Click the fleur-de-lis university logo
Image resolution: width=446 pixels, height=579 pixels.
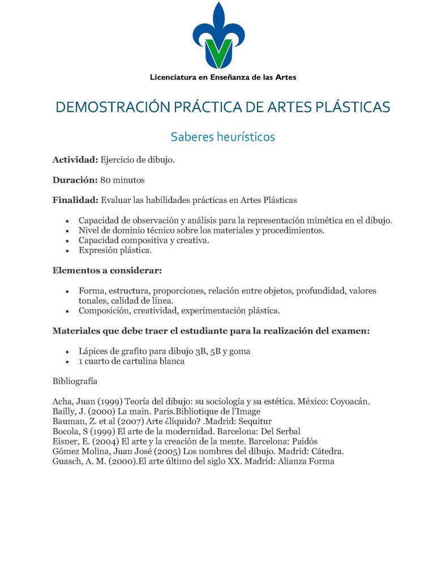click(x=220, y=37)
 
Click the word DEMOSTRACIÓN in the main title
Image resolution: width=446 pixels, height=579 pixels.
click(x=105, y=107)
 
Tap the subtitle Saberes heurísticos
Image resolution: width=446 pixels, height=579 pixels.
click(x=222, y=137)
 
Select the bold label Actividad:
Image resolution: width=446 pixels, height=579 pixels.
click(x=75, y=160)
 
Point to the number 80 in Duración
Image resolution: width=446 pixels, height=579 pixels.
click(x=106, y=180)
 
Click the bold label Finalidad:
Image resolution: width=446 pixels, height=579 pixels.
click(x=75, y=200)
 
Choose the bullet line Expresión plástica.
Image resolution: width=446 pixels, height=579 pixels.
click(x=115, y=250)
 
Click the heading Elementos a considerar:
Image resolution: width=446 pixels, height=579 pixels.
click(x=107, y=270)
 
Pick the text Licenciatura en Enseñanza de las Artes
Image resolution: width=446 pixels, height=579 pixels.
click(x=222, y=77)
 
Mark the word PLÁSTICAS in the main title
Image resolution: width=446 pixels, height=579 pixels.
click(x=344, y=107)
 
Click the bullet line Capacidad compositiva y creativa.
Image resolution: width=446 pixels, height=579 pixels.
click(x=144, y=240)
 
